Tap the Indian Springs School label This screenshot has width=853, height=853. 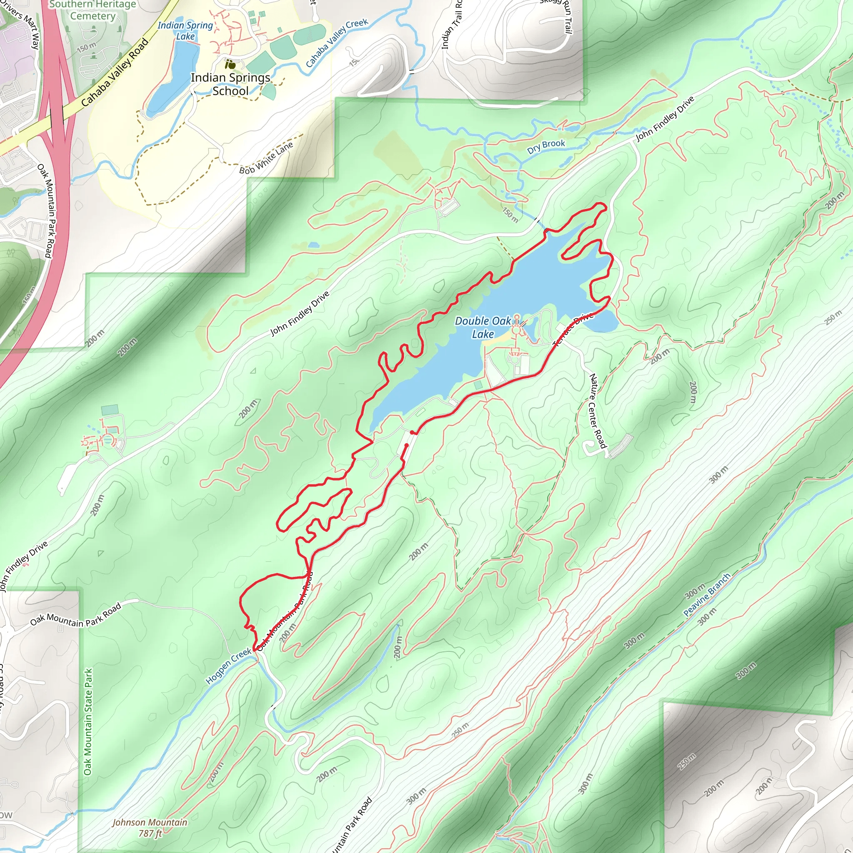[230, 84]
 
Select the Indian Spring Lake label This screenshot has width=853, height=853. [185, 30]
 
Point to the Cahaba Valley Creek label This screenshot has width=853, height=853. [337, 42]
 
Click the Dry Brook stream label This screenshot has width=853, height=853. [546, 146]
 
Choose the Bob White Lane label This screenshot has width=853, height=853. [266, 158]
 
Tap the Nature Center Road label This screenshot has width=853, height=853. [597, 411]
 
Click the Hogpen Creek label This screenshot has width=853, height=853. [228, 667]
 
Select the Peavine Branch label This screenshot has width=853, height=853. [707, 595]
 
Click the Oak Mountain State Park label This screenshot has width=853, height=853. [88, 721]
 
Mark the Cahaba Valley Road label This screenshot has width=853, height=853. [115, 73]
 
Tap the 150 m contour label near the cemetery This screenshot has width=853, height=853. [87, 46]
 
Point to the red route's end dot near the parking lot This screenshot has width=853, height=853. [412, 433]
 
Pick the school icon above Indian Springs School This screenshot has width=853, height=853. [230, 65]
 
